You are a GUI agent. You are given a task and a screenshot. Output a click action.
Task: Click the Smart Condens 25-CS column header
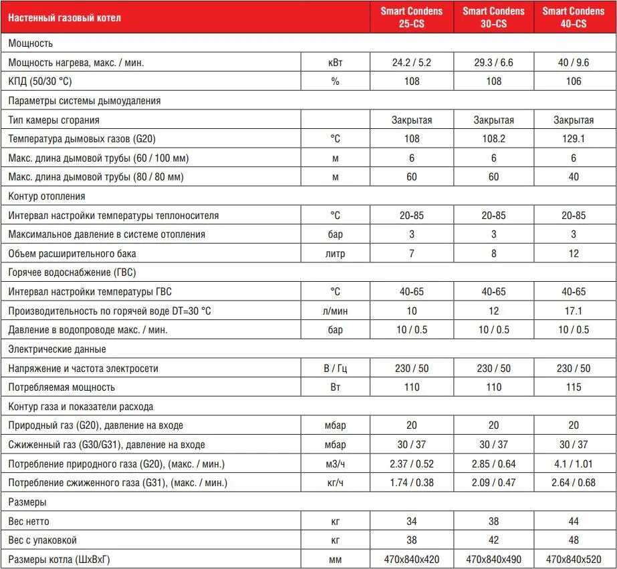tap(412, 17)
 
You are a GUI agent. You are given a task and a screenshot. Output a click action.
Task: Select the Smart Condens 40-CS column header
tap(574, 17)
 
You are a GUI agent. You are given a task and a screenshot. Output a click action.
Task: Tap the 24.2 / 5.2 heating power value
tap(412, 62)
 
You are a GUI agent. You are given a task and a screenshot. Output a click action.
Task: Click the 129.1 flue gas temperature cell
tap(574, 139)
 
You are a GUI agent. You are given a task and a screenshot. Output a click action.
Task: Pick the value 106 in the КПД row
tap(574, 81)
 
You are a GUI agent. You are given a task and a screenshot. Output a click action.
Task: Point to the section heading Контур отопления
tap(46, 196)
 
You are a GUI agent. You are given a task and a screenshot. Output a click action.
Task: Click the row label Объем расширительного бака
tap(72, 254)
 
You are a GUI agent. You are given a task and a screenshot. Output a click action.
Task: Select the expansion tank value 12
tap(574, 254)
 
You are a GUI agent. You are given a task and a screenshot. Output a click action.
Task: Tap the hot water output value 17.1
tap(574, 311)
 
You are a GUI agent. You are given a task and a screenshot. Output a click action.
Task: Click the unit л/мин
tap(335, 311)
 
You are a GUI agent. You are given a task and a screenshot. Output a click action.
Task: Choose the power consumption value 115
tap(574, 387)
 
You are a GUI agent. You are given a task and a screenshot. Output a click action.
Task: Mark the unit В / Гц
tap(335, 368)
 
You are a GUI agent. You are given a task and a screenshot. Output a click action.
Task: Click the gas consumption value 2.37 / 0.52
tap(412, 463)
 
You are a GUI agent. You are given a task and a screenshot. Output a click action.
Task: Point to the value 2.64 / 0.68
tap(574, 483)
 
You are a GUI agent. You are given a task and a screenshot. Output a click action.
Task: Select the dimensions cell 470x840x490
tap(493, 559)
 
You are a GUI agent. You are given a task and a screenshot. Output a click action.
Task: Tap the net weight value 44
tap(574, 521)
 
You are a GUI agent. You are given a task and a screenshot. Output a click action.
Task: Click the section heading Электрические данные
tap(57, 349)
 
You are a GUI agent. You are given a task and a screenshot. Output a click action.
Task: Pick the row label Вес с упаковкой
tap(43, 540)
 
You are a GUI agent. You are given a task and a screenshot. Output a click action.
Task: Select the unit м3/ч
tap(335, 463)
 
